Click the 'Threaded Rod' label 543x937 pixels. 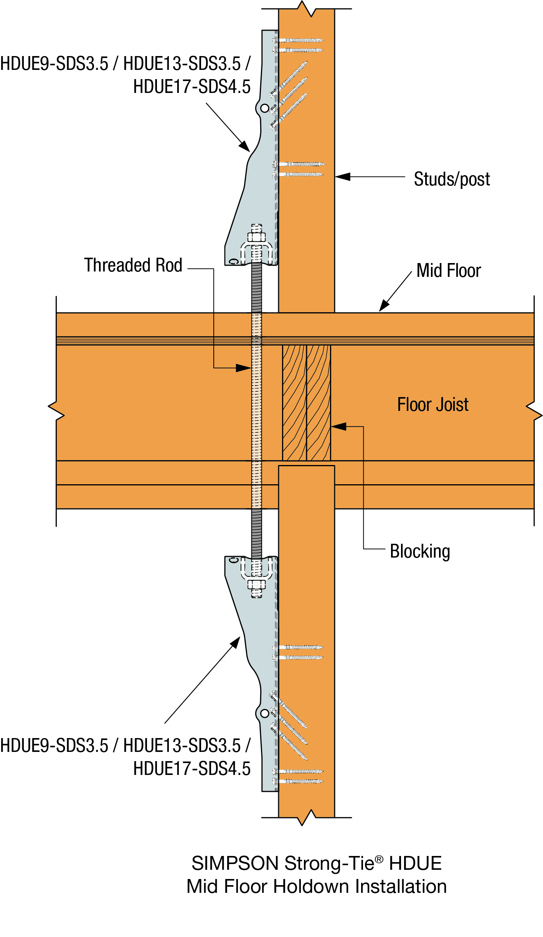pos(133,265)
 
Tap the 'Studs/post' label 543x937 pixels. pos(452,179)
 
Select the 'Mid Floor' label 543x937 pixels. pos(449,271)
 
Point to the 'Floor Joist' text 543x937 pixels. pos(432,405)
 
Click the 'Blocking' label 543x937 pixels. pos(420,551)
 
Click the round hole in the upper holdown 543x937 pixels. pos(265,108)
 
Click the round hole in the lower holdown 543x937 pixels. pos(265,714)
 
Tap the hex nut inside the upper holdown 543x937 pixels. pos(256,237)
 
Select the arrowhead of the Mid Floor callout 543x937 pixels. pos(384,306)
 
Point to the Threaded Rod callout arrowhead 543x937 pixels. pos(244,368)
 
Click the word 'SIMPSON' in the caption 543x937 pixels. pos(235,864)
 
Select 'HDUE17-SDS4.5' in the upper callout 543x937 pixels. pos(192,87)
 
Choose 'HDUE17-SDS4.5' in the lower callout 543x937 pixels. pos(192,769)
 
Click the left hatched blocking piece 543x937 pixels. pos(294,403)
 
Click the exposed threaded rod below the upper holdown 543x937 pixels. pos(256,288)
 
